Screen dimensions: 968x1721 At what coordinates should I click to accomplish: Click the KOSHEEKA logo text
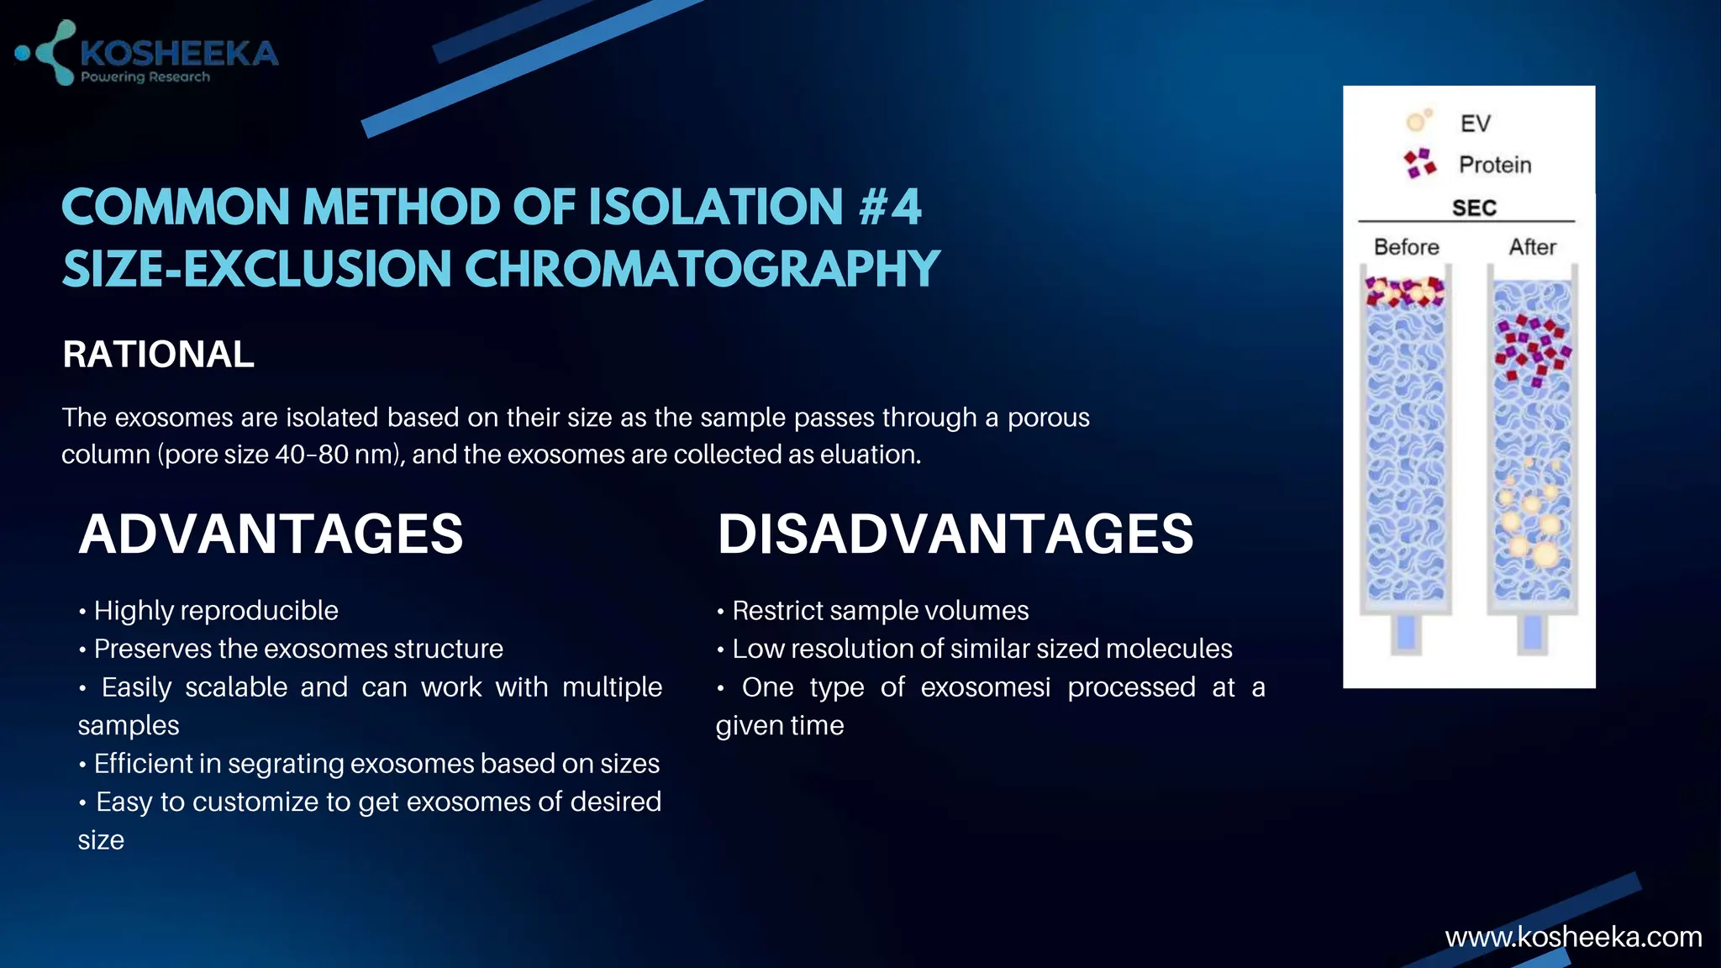[x=178, y=54]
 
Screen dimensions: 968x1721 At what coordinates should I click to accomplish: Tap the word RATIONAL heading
[x=158, y=355]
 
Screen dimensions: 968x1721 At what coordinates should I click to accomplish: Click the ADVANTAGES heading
[x=271, y=534]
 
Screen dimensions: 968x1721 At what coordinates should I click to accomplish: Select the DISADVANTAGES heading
[x=955, y=534]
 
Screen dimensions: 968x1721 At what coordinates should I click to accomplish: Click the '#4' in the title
[x=890, y=208]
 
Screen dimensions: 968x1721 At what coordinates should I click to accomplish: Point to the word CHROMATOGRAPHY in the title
[x=702, y=270]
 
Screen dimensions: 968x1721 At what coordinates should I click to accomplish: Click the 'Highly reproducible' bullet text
[x=216, y=611]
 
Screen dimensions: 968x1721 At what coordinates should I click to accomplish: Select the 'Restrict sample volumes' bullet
[x=880, y=611]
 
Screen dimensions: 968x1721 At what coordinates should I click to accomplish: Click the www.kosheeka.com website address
[x=1573, y=937]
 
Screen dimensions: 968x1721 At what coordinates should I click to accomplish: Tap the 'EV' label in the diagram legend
[x=1475, y=124]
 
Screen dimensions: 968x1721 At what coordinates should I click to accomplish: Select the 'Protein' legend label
[x=1495, y=165]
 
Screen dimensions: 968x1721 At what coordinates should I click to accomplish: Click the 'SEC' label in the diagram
[x=1474, y=208]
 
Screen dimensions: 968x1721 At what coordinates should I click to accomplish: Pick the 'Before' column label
[x=1406, y=247]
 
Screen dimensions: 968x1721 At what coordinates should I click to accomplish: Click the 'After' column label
[x=1532, y=247]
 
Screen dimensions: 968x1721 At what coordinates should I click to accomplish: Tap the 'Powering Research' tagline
[x=145, y=77]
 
